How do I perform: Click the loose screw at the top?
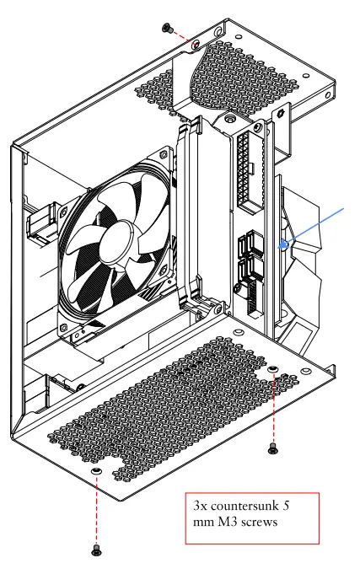167,28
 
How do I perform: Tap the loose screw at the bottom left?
96,550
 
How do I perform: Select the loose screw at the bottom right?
272,448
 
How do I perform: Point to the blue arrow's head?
285,244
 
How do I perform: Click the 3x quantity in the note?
201,506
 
